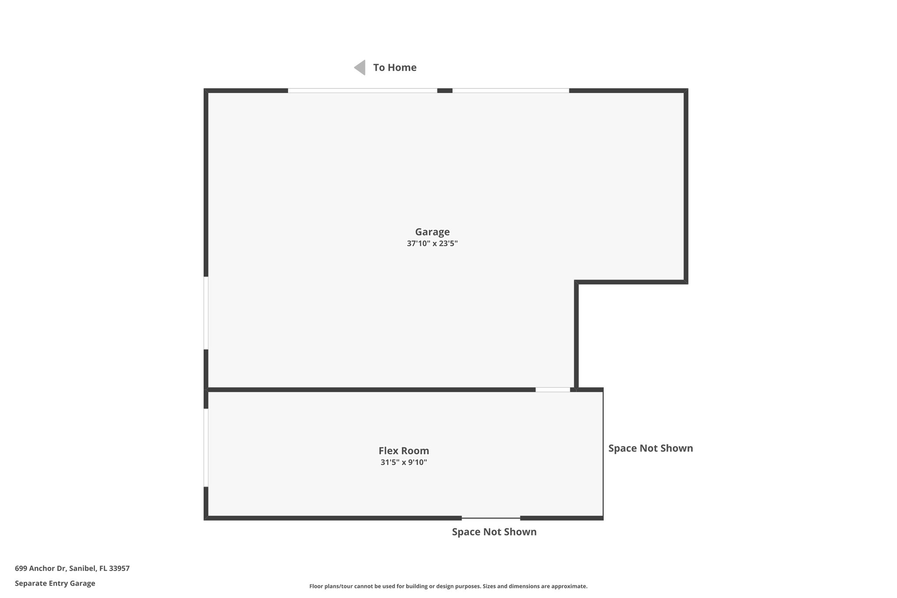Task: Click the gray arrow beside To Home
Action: click(360, 67)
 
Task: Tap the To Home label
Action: click(395, 67)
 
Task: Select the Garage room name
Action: click(432, 232)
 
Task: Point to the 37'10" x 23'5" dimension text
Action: click(432, 244)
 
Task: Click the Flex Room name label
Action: click(404, 450)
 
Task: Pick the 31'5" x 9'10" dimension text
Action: click(404, 462)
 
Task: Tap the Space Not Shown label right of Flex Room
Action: click(650, 448)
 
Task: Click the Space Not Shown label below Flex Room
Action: click(494, 532)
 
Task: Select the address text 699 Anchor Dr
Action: click(41, 568)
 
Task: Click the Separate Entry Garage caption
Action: click(55, 583)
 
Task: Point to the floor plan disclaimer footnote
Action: click(448, 586)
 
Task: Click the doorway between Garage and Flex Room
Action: click(553, 389)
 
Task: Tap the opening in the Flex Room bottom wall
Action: click(491, 518)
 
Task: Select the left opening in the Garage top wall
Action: click(362, 91)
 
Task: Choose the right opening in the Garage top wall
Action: click(511, 91)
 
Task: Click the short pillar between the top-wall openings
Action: click(445, 91)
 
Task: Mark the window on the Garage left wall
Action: click(206, 313)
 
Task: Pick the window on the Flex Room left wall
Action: click(206, 447)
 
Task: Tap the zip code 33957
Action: click(119, 568)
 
